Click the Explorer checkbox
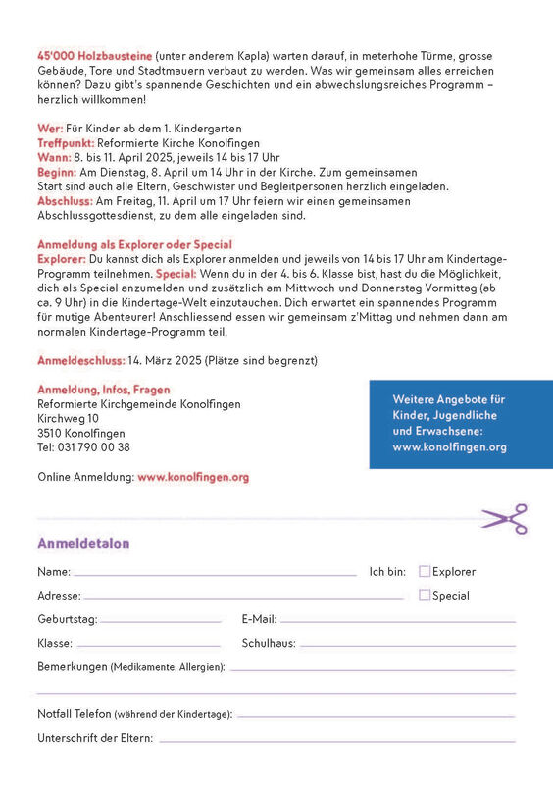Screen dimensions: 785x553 425,571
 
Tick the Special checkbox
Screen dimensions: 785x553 425,595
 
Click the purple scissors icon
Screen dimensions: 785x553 504,519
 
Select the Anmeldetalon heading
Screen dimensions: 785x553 83,543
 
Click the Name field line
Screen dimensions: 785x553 216,574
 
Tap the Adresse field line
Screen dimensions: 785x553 245,598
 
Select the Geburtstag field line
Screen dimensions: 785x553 161,621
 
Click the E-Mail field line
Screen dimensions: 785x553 397,621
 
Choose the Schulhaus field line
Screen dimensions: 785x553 407,645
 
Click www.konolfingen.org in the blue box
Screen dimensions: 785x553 449,447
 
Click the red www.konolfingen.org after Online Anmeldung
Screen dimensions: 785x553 193,477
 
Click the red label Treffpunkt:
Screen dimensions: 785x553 66,142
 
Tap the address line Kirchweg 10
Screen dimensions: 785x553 68,418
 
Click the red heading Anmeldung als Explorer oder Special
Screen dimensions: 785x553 134,244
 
